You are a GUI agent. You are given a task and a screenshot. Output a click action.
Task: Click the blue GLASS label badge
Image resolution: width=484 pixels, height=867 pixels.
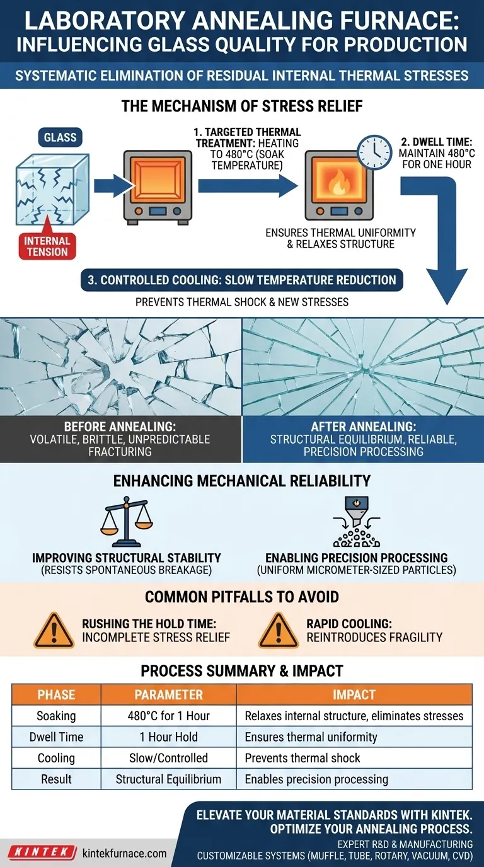60,137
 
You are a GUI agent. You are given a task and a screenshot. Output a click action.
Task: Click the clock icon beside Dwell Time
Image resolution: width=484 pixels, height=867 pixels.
374,152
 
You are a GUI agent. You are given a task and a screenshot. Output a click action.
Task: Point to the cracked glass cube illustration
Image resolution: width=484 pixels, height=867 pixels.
53,190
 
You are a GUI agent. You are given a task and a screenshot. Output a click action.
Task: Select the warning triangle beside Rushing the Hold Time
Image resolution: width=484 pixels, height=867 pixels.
54,630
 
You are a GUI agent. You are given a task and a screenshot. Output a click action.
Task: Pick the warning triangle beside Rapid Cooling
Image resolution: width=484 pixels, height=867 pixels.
279,630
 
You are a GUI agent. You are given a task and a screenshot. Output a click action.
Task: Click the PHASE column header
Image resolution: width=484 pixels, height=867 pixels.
57,694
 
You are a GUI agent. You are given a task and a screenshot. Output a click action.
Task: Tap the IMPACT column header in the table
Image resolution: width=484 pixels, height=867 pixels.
354,694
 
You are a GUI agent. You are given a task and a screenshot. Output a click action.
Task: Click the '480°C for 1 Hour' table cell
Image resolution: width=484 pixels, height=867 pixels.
169,716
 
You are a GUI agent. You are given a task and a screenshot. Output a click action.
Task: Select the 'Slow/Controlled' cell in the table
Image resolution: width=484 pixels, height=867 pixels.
169,757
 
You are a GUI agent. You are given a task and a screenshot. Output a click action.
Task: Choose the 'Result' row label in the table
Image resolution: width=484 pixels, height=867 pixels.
57,779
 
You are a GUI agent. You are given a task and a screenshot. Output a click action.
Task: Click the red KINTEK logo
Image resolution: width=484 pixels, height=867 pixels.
42,852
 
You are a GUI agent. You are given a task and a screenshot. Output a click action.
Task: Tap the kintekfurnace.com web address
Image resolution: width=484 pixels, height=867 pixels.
125,853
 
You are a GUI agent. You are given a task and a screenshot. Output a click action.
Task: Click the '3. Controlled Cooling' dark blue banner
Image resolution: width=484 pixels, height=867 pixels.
242,280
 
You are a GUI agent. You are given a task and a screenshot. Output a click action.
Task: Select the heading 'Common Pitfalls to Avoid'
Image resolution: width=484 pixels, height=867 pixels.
242,597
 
